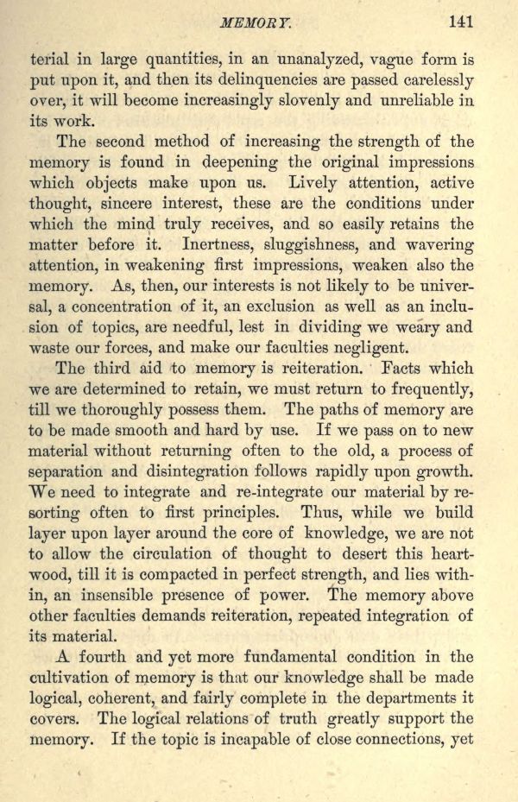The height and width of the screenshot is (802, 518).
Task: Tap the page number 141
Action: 460,22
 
